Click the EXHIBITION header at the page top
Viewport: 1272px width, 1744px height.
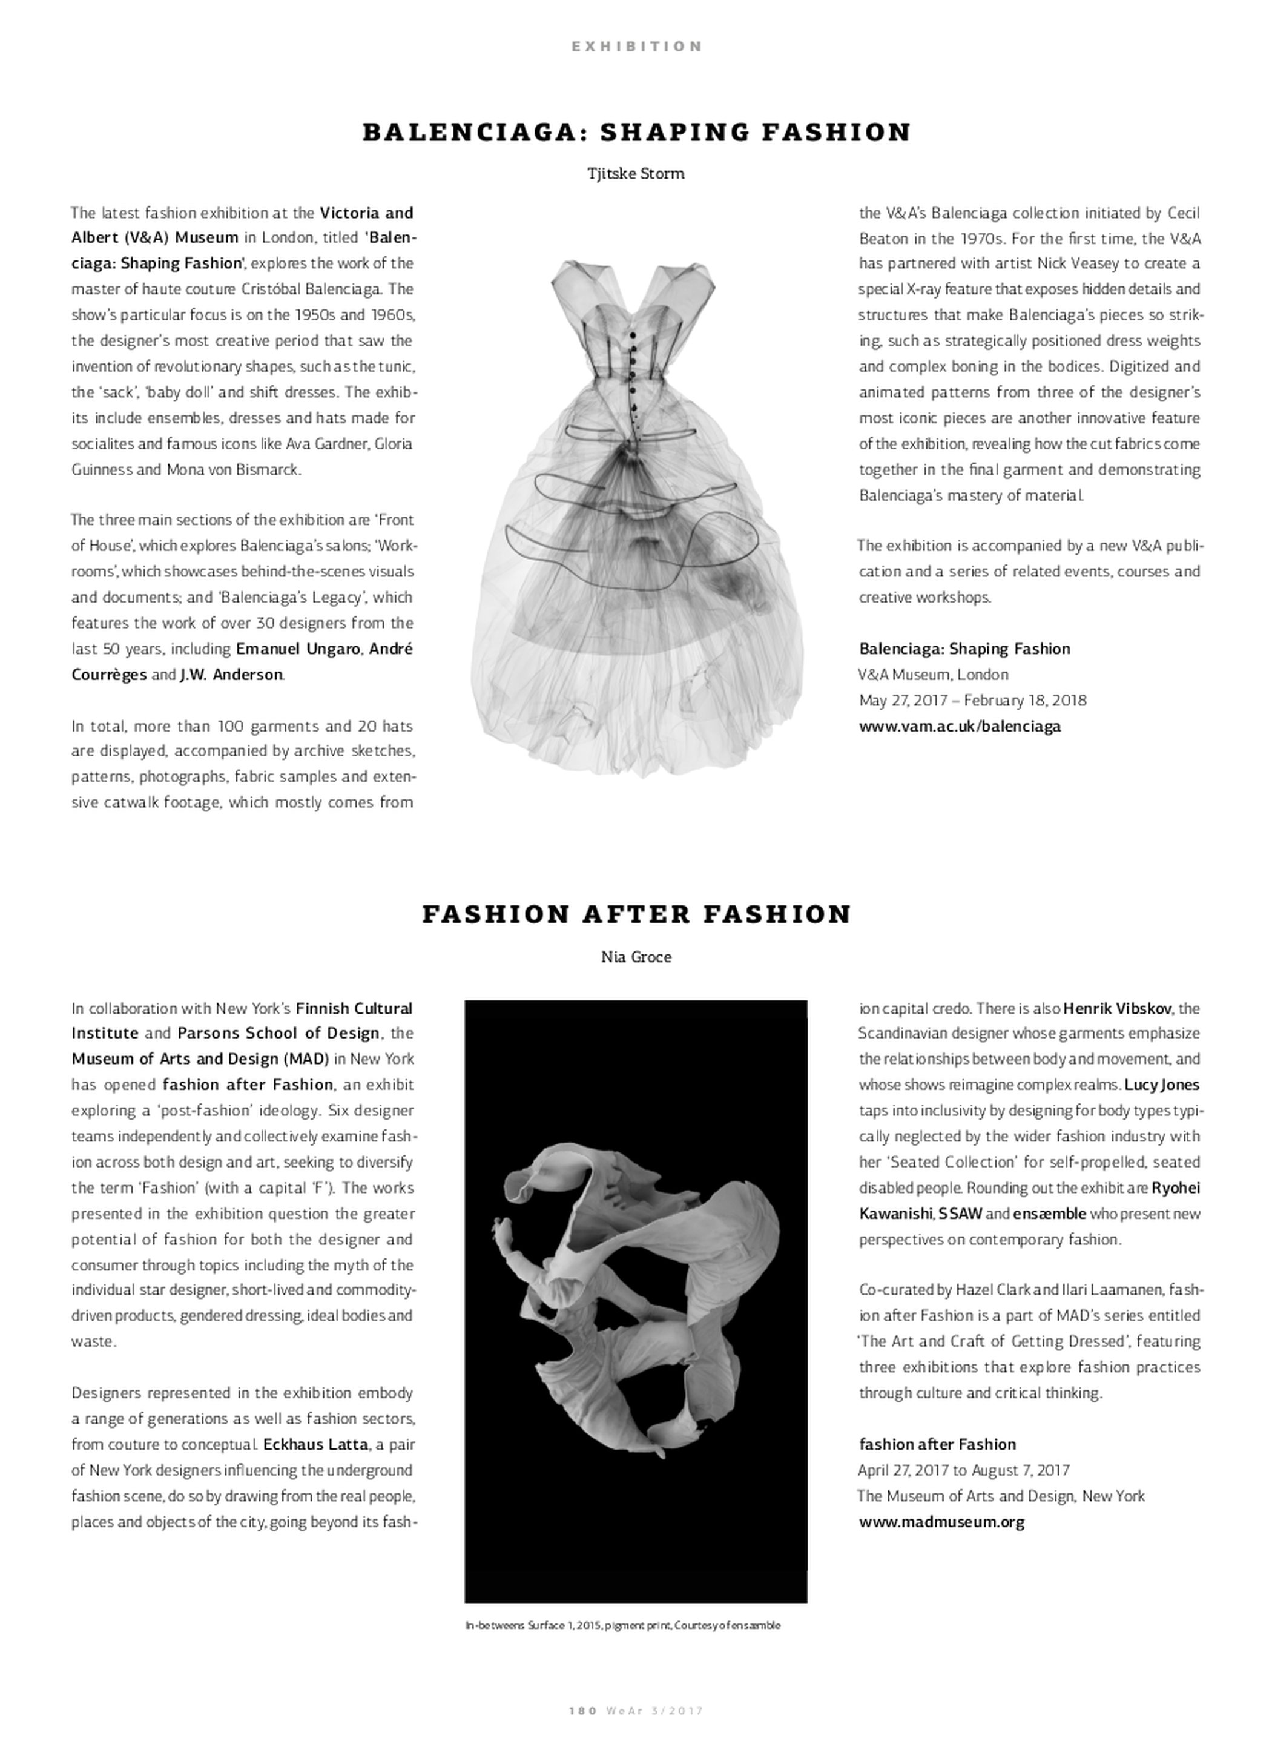tap(636, 46)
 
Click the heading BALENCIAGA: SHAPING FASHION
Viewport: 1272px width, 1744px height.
tap(636, 133)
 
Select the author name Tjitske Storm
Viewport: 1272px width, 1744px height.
tap(635, 174)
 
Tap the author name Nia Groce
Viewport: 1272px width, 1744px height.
tap(636, 957)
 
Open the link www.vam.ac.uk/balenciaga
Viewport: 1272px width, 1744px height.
tap(960, 726)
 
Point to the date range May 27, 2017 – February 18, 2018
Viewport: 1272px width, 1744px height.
tap(972, 701)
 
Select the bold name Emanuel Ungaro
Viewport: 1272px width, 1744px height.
tap(298, 649)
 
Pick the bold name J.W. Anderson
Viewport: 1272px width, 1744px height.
tap(231, 675)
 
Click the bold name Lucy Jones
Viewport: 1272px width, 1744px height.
tap(1162, 1085)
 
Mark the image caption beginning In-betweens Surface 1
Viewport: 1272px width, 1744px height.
tap(622, 1625)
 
